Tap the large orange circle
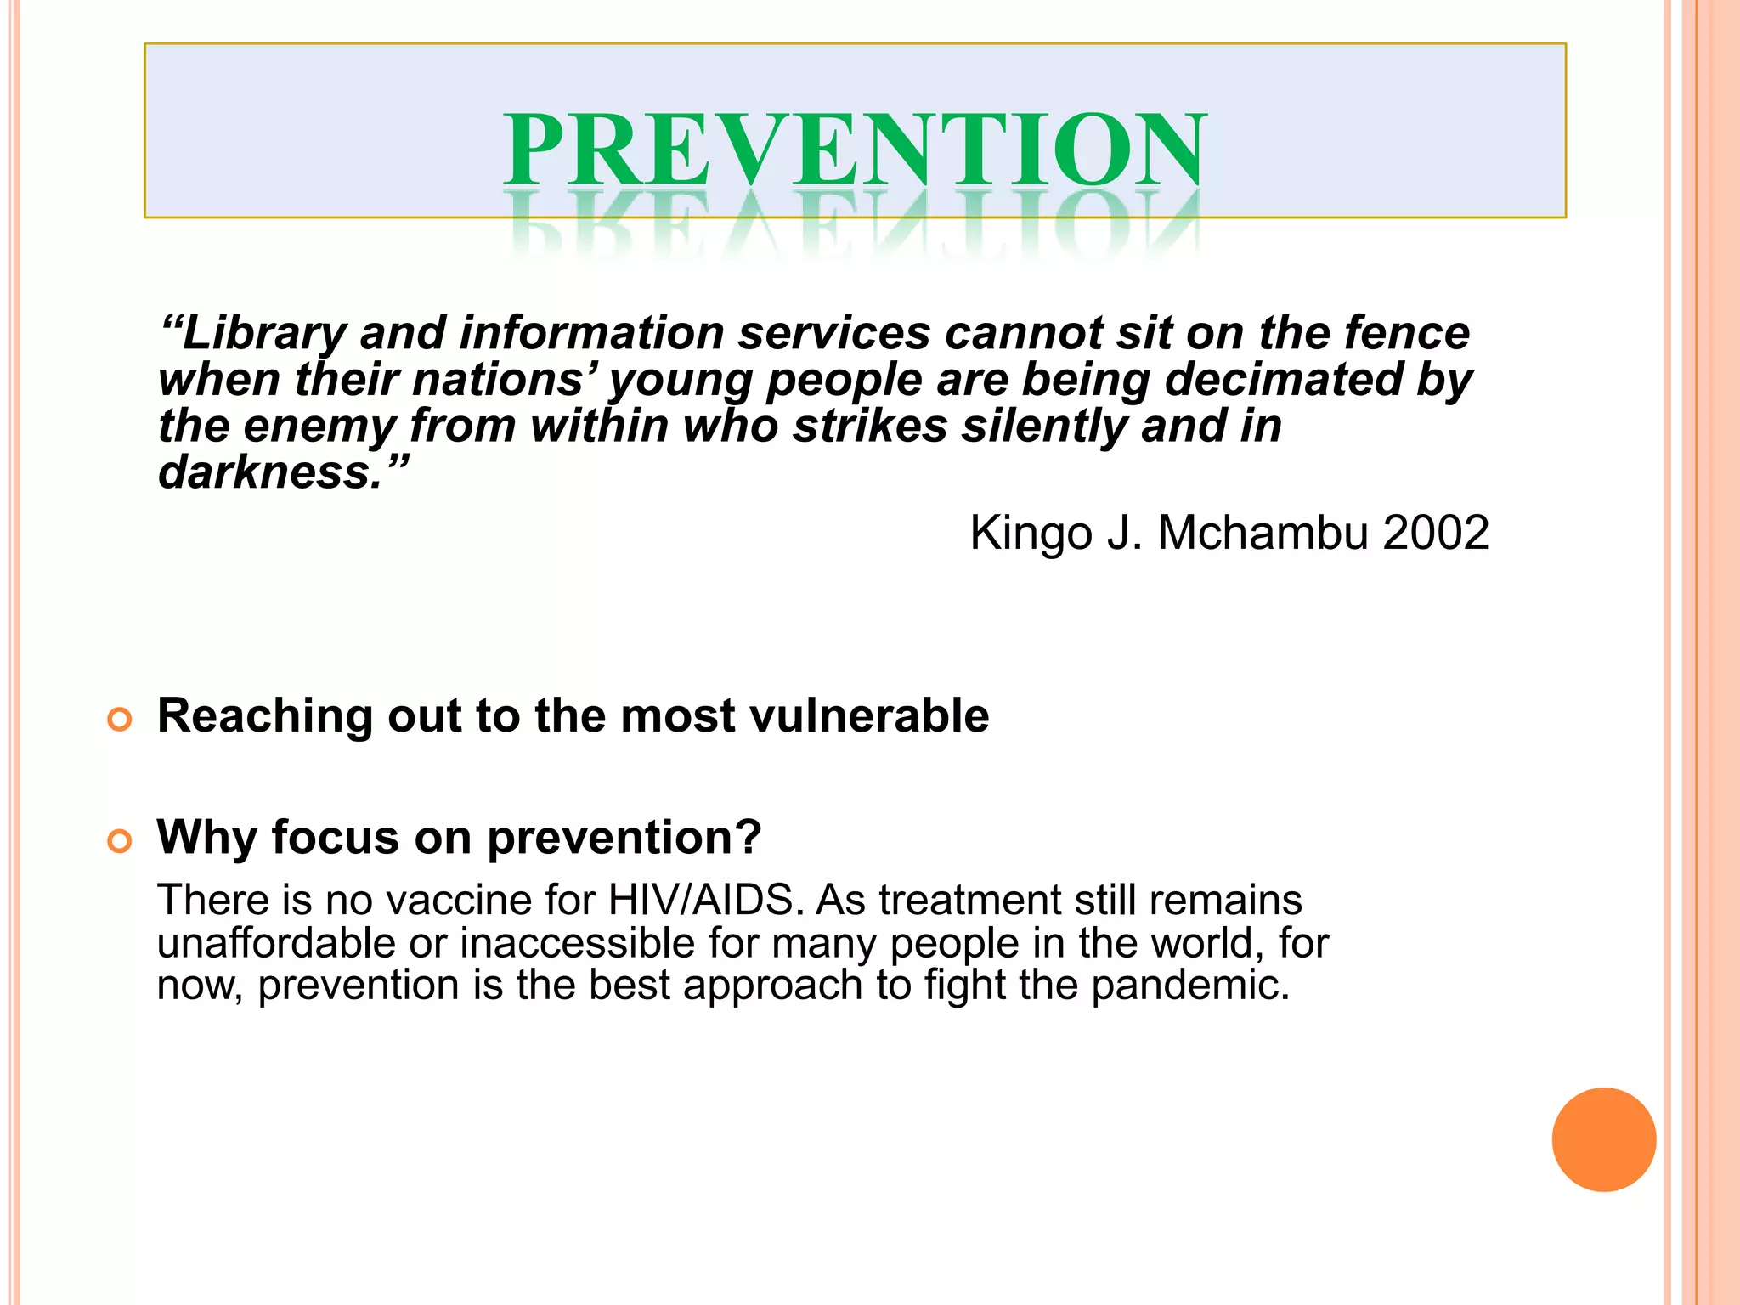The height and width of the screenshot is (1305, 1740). pos(1603,1139)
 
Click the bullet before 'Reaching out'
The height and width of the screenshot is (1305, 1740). pos(120,720)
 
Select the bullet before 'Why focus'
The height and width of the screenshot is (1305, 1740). pos(120,841)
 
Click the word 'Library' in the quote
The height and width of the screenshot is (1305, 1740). pos(263,333)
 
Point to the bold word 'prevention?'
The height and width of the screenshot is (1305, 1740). pos(624,839)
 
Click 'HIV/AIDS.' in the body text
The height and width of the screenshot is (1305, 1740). pos(706,900)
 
